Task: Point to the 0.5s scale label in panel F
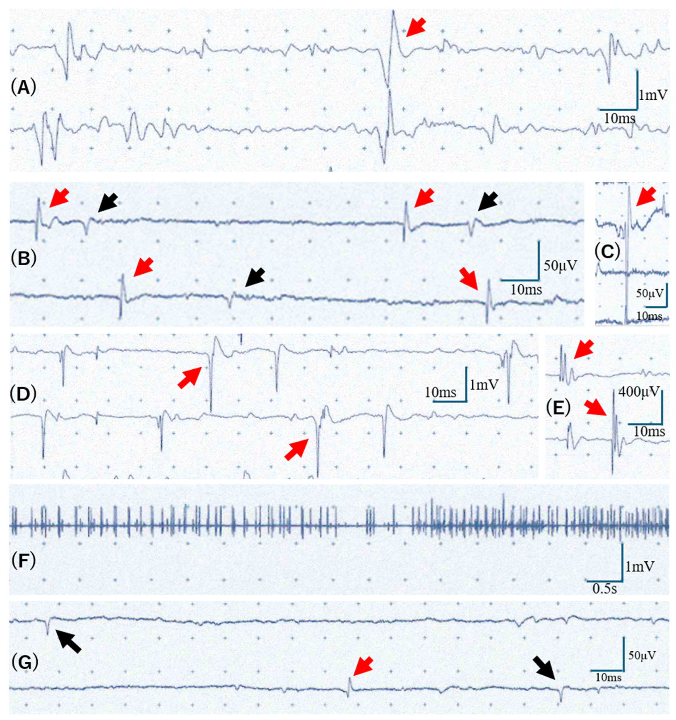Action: pyautogui.click(x=604, y=589)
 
